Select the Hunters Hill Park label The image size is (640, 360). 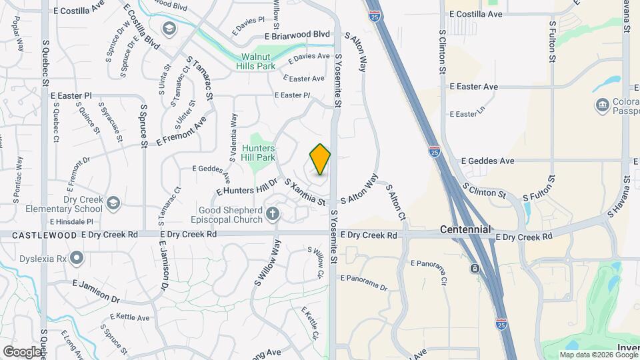pos(259,153)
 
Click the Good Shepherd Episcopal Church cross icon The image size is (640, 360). pos(271,213)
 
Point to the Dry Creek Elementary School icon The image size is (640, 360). pos(113,202)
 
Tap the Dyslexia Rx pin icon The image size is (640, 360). pos(77,257)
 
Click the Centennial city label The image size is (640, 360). pos(465,229)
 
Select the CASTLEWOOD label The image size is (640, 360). pos(39,235)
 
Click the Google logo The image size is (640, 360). pos(22,351)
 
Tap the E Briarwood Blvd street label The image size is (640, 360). pos(297,35)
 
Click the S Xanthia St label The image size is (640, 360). pos(305,192)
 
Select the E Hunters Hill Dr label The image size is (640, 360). pos(246,187)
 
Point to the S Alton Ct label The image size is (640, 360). pos(396,203)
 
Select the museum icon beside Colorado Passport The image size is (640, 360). pos(603,105)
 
